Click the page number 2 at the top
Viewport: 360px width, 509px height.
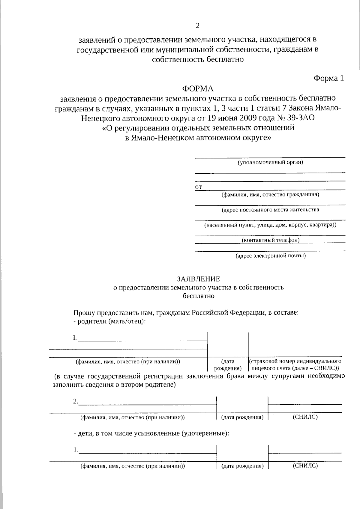pyautogui.click(x=197, y=26)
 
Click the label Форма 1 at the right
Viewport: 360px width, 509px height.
pyautogui.click(x=328, y=78)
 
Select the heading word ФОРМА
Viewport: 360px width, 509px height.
pyautogui.click(x=198, y=89)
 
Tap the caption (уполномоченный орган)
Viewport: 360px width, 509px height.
pyautogui.click(x=270, y=163)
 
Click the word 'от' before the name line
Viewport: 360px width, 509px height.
pyautogui.click(x=198, y=187)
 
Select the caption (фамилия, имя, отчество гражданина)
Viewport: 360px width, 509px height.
pyautogui.click(x=270, y=195)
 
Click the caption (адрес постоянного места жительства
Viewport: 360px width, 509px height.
pyautogui.click(x=270, y=210)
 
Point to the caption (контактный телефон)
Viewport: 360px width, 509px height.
pyautogui.click(x=270, y=240)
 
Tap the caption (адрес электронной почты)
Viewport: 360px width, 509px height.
pyautogui.click(x=270, y=256)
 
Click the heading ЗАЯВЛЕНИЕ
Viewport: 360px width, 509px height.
pyautogui.click(x=198, y=279)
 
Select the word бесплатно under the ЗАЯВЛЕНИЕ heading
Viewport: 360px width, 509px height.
pyautogui.click(x=198, y=296)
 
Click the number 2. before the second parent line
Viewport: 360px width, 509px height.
pyautogui.click(x=76, y=401)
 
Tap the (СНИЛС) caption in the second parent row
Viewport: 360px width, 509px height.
pyautogui.click(x=305, y=417)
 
